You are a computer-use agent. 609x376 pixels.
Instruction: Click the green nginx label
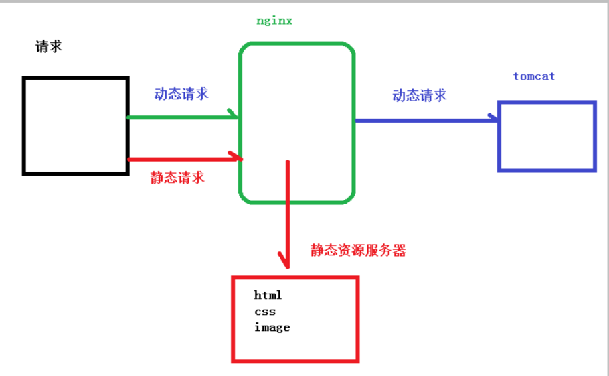pos(274,21)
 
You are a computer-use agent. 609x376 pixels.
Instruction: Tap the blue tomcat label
pos(533,76)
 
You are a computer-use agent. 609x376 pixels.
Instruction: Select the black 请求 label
pos(49,47)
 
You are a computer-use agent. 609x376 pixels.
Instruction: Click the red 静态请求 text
pos(177,178)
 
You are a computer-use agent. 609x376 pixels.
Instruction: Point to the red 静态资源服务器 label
pos(358,251)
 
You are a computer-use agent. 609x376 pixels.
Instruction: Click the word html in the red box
pos(268,295)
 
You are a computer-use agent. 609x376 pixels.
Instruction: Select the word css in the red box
pos(265,312)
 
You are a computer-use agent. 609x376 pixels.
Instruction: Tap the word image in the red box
pos(272,328)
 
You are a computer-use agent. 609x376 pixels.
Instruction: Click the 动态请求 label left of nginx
pos(181,94)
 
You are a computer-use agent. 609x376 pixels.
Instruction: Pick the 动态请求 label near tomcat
pos(420,95)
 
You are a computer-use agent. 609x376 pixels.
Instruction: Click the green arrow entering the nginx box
pos(181,117)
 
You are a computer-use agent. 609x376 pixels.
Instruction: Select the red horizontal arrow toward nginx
pos(181,159)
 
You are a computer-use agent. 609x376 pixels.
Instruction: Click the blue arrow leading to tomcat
pos(425,121)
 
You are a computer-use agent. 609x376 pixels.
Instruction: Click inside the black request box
pos(75,125)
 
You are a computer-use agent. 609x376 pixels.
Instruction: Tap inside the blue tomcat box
pos(546,136)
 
